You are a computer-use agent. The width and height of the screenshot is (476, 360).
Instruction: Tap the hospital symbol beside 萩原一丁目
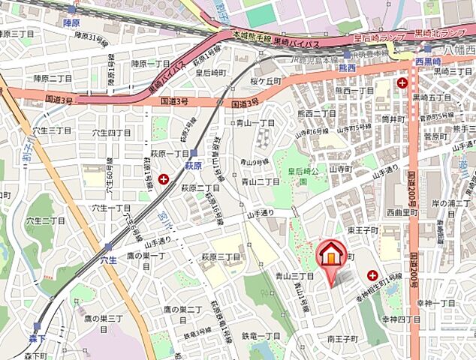[164, 178]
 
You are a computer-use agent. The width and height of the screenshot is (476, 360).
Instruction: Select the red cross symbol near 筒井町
[403, 82]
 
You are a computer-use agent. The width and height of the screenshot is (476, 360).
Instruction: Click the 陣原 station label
[71, 23]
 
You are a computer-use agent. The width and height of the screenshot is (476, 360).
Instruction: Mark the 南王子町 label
[345, 339]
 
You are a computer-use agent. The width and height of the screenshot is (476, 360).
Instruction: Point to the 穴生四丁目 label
[111, 132]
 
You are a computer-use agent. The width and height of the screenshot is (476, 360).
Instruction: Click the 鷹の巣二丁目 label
[182, 310]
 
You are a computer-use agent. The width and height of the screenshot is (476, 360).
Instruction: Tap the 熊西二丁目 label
[316, 113]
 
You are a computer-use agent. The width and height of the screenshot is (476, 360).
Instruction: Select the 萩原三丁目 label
[221, 256]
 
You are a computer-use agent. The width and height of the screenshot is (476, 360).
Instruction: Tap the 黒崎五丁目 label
[431, 97]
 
